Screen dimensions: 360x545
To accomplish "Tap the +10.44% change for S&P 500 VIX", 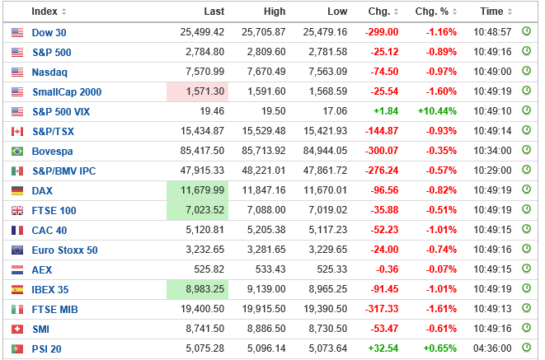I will point(439,111).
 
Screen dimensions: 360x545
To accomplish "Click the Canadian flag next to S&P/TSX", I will point(17,131).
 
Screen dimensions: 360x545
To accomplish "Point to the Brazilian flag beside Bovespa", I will point(17,151).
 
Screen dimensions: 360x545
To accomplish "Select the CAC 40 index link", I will point(49,230).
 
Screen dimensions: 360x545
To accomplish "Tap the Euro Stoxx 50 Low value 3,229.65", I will point(326,250).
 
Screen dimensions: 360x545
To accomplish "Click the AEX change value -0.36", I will point(384,269).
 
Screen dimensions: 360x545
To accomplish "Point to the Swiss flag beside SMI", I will point(17,329).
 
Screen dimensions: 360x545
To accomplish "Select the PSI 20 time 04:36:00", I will point(492,348).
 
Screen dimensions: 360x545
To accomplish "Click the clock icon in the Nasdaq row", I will point(527,72).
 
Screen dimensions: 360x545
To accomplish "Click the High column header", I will point(275,12).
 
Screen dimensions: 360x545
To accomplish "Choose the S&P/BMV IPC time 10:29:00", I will point(492,171).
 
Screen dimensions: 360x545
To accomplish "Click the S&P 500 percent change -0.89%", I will point(441,52).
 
